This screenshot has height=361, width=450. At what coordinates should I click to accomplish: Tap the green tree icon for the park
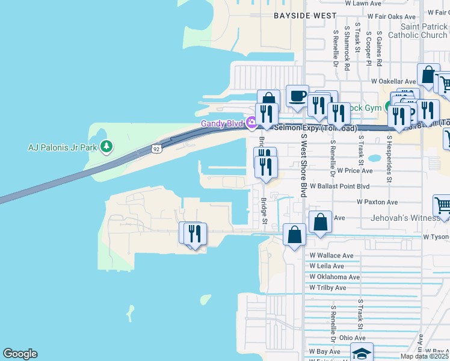pos(106,146)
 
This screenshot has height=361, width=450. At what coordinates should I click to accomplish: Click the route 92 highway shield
pos(156,148)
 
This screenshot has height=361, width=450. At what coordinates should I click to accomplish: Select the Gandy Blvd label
pos(221,124)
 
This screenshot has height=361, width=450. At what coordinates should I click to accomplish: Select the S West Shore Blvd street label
pos(304,164)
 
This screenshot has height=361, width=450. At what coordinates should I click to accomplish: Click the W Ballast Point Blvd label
pos(341,187)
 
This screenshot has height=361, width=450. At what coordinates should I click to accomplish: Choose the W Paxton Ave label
pos(377,202)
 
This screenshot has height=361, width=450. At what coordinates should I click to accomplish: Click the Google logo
pos(20,354)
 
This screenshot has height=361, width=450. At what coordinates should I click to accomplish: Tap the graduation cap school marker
pos(361,353)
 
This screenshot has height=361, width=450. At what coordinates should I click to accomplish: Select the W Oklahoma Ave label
pos(334,277)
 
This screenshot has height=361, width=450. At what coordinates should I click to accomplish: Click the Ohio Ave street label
pos(352,338)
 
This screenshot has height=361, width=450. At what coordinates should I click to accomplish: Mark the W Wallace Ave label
pos(331,255)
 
